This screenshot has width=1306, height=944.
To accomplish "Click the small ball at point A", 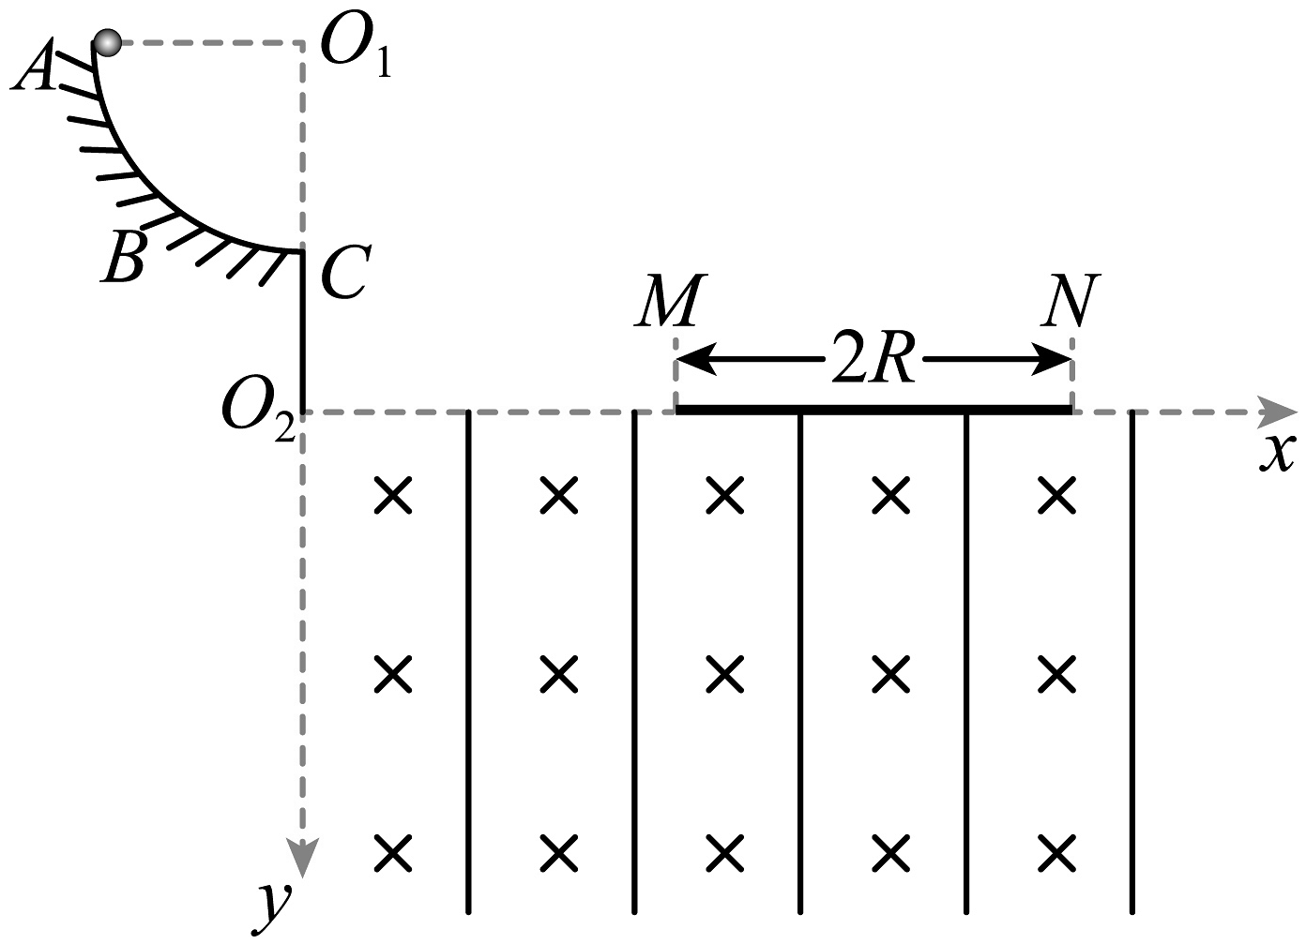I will pos(108,42).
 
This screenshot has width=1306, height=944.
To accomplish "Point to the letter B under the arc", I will pos(123,257).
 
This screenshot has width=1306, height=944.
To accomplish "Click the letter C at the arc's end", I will pos(344,273).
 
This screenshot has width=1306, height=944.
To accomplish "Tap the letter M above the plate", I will pos(669,301).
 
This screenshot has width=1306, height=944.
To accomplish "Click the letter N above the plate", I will pos(1071,301).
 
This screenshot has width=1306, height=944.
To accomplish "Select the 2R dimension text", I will pos(873,359).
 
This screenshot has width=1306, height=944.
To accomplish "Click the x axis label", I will pos(1275,454).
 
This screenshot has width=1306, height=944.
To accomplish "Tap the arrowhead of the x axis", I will pos(1278,411).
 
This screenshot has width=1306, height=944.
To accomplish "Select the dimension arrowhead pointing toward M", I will pos(695,359).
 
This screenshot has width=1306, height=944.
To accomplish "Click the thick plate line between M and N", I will pos(873,410).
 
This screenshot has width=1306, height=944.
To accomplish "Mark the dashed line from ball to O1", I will pos(206,42).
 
